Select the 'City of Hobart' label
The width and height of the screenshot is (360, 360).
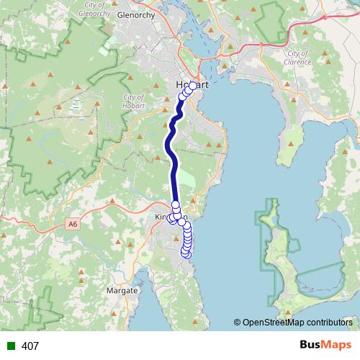(134, 102)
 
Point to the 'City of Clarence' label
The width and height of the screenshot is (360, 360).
(299, 58)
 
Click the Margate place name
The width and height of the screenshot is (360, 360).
(122, 290)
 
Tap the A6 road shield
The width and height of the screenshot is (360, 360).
(72, 225)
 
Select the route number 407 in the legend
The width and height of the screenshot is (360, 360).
(30, 346)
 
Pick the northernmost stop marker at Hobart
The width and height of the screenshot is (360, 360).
(192, 86)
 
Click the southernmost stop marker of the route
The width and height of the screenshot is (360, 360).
(186, 253)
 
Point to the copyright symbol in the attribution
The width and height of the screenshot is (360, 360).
(238, 322)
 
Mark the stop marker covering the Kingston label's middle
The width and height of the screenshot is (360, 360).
(175, 216)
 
